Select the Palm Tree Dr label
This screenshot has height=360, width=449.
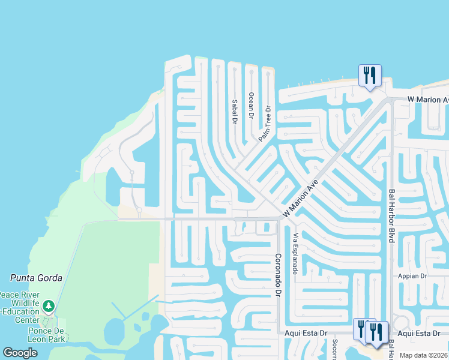(x=265, y=124)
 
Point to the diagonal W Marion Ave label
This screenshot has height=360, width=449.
(x=300, y=200)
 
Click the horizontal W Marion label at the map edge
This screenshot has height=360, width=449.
(x=428, y=99)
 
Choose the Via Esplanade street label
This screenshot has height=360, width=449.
(x=295, y=253)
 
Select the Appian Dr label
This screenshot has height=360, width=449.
(x=411, y=276)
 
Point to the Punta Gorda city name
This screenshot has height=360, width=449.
(x=32, y=277)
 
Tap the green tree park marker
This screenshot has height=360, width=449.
(x=49, y=307)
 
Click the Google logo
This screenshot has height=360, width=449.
(x=20, y=353)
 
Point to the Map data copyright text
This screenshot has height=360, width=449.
(x=424, y=355)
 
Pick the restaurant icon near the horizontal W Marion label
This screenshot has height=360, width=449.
(x=369, y=76)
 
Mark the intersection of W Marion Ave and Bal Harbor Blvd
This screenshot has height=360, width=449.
(x=389, y=99)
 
